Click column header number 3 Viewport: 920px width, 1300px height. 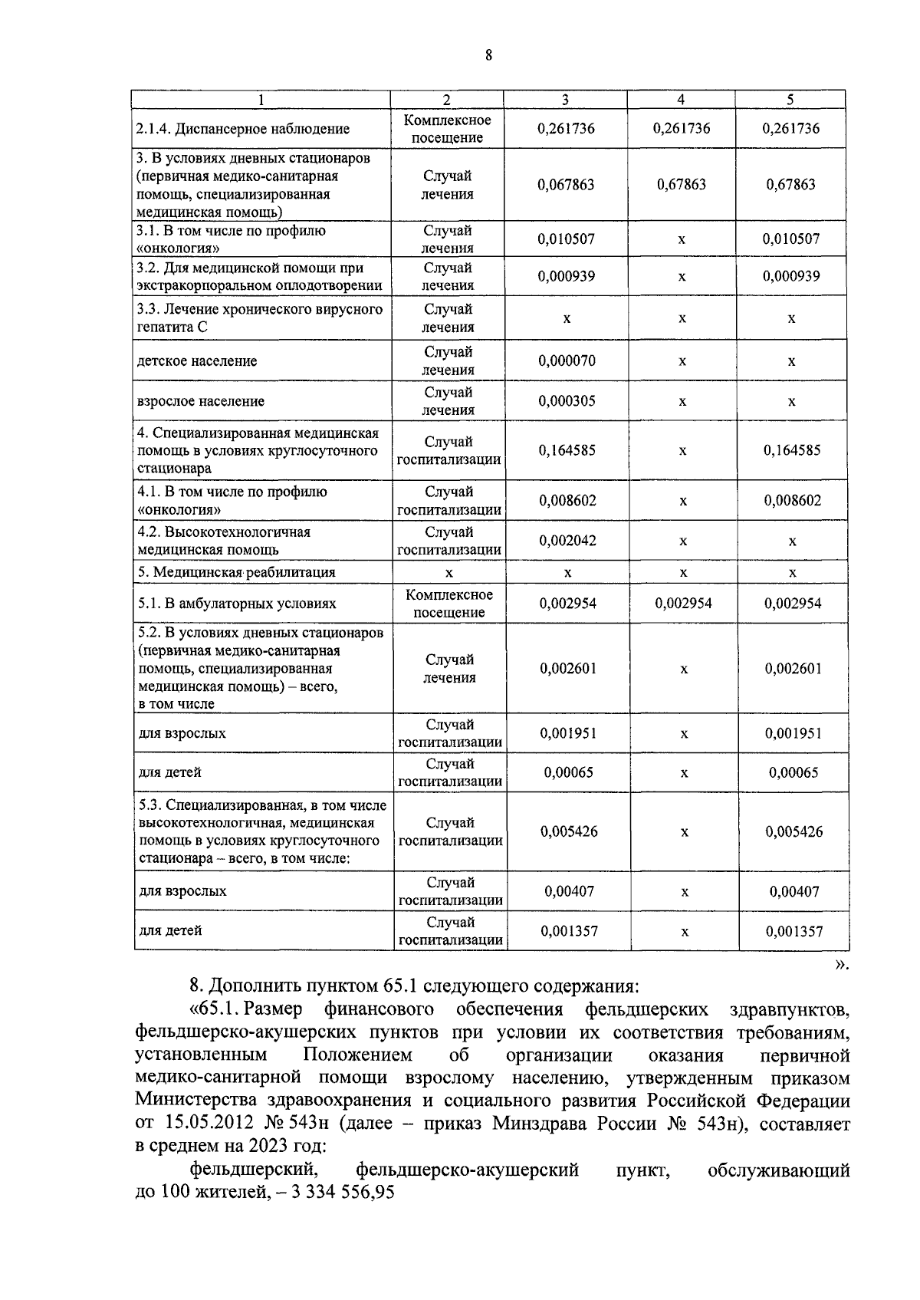pyautogui.click(x=565, y=100)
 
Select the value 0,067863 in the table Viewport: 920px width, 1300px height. pyautogui.click(x=566, y=185)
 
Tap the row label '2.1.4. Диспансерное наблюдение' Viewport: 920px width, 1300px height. pyautogui.click(x=243, y=129)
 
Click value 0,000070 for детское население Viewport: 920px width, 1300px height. pyautogui.click(x=567, y=360)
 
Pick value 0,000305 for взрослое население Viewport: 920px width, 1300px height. pyautogui.click(x=567, y=401)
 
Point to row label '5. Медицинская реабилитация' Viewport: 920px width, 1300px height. pyautogui.click(x=237, y=572)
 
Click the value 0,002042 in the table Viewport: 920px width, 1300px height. pyautogui.click(x=567, y=541)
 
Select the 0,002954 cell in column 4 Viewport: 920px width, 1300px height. pyautogui.click(x=683, y=604)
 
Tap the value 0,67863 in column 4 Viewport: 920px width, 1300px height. pyautogui.click(x=682, y=185)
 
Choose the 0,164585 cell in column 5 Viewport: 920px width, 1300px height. pyautogui.click(x=792, y=451)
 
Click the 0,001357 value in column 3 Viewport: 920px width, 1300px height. pyautogui.click(x=569, y=931)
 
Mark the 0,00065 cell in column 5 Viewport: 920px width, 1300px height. pyautogui.click(x=793, y=772)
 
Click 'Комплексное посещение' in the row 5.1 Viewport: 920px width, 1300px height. pyautogui.click(x=449, y=604)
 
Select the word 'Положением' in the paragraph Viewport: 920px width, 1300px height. pyautogui.click(x=357, y=1056)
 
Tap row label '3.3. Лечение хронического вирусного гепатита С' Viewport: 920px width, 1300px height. pyautogui.click(x=259, y=318)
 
